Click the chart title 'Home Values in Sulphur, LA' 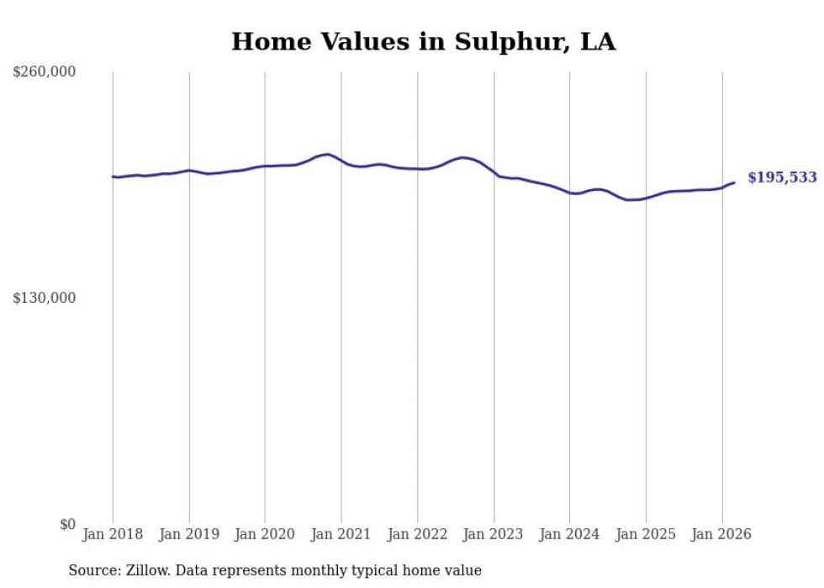coord(423,41)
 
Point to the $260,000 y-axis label coord(45,72)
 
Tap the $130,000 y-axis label coord(45,298)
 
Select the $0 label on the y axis coord(67,524)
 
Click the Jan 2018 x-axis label coord(113,534)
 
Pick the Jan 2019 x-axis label coord(189,534)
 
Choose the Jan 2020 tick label coord(265,534)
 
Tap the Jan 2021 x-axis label coord(341,534)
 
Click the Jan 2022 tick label coord(417,534)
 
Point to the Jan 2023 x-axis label coord(494,534)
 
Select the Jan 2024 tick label coord(569,534)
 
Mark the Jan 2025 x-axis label coord(646,534)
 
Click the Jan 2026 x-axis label coord(721,534)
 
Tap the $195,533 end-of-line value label coord(782,177)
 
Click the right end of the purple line coord(734,183)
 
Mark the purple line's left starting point coord(113,177)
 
